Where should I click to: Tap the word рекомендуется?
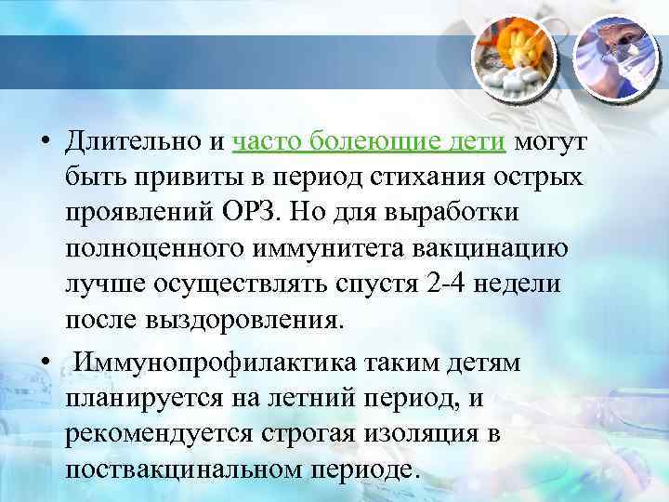click(x=154, y=434)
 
